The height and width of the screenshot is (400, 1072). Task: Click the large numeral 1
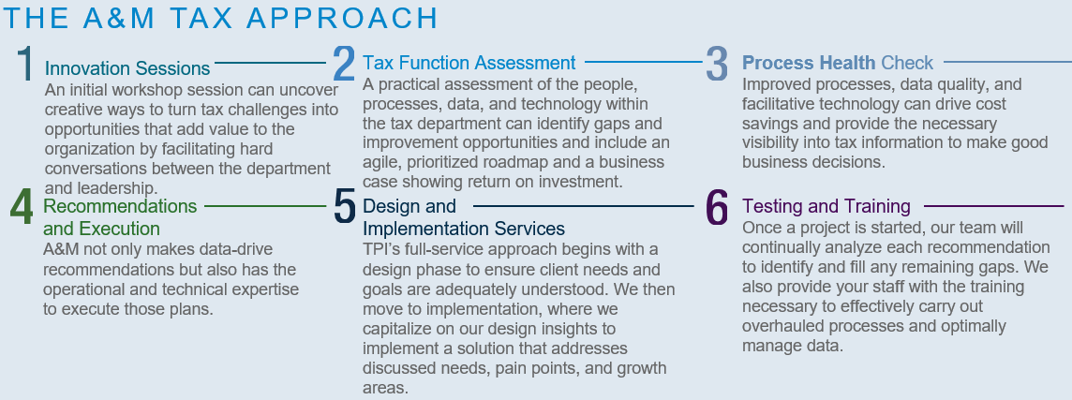pos(25,64)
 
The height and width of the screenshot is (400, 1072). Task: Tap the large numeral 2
pos(344,64)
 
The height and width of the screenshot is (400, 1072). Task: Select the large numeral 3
pos(717,64)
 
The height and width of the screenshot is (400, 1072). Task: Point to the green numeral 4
pos(22,206)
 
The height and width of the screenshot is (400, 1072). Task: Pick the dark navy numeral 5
pos(345,206)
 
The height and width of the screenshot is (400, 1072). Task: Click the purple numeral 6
pos(717,206)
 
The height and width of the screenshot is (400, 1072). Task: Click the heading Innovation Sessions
pos(127,68)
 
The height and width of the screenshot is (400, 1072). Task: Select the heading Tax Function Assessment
pos(469,63)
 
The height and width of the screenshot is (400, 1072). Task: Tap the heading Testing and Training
pos(826,206)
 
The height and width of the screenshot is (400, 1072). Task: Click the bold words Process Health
pos(809,63)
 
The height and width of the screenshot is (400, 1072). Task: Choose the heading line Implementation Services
pos(464,229)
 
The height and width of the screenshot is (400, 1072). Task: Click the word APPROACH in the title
pos(342,19)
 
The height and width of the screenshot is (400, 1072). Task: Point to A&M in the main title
pos(119,19)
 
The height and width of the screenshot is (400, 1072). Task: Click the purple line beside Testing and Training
pos(994,205)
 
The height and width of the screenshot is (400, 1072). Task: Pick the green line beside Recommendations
pos(265,205)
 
